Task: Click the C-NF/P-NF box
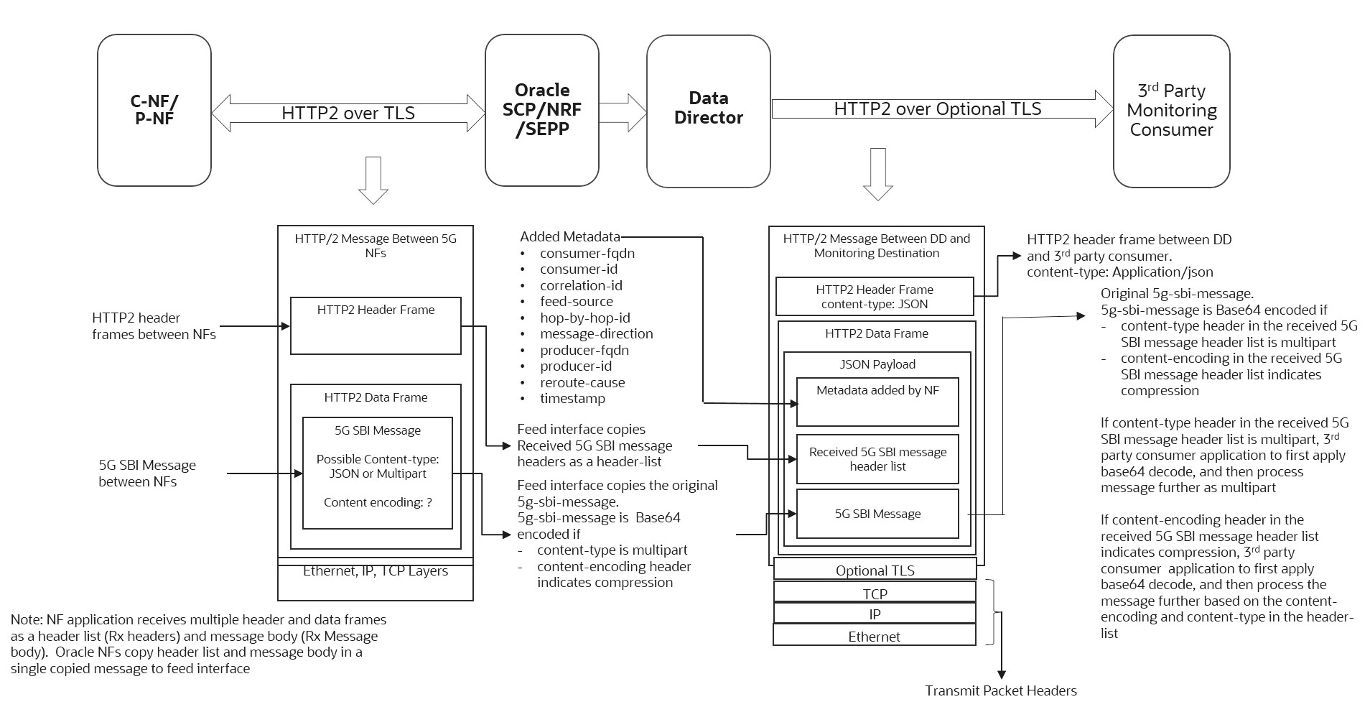(x=154, y=110)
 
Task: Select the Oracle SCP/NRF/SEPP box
(x=542, y=110)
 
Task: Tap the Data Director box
(x=708, y=110)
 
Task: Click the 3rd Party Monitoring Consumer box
(x=1171, y=111)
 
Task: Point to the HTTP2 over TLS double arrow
(x=348, y=113)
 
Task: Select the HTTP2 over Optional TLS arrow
(x=937, y=108)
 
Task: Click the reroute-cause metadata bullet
(x=582, y=382)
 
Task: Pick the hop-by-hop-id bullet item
(x=584, y=318)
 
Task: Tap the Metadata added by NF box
(x=877, y=402)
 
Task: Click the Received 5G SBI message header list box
(x=877, y=459)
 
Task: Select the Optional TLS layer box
(x=875, y=570)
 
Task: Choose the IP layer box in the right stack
(x=875, y=614)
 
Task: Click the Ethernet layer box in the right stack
(x=874, y=637)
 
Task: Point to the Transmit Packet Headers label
(x=1000, y=690)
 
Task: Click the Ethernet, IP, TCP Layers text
(x=375, y=571)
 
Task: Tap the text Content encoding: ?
(x=378, y=502)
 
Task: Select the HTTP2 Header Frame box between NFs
(x=376, y=326)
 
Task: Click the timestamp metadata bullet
(x=572, y=398)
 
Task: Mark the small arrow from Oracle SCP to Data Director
(x=623, y=110)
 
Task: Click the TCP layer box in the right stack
(x=875, y=593)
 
